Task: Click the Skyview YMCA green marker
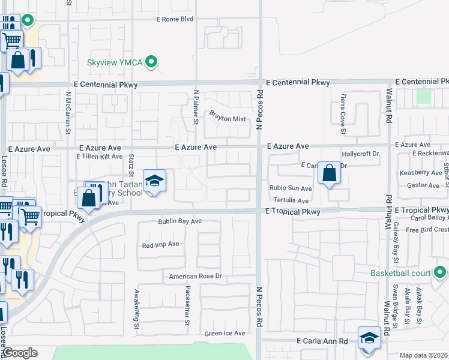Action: pyautogui.click(x=152, y=61)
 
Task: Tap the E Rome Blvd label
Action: pyautogui.click(x=175, y=19)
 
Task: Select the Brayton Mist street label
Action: pyautogui.click(x=228, y=119)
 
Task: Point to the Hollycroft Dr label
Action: pyautogui.click(x=361, y=154)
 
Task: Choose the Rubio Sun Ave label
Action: pyautogui.click(x=291, y=188)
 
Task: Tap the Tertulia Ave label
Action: pyautogui.click(x=291, y=200)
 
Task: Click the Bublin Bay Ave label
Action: pyautogui.click(x=180, y=221)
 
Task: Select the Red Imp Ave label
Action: pyautogui.click(x=161, y=245)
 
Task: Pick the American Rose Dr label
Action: pyautogui.click(x=196, y=277)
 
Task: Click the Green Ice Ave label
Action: pyautogui.click(x=225, y=334)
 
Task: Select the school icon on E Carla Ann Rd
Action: pyautogui.click(x=369, y=338)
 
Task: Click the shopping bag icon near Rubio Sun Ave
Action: pyautogui.click(x=329, y=173)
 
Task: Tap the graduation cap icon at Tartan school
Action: pyautogui.click(x=154, y=181)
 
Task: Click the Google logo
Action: pyautogui.click(x=20, y=353)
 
